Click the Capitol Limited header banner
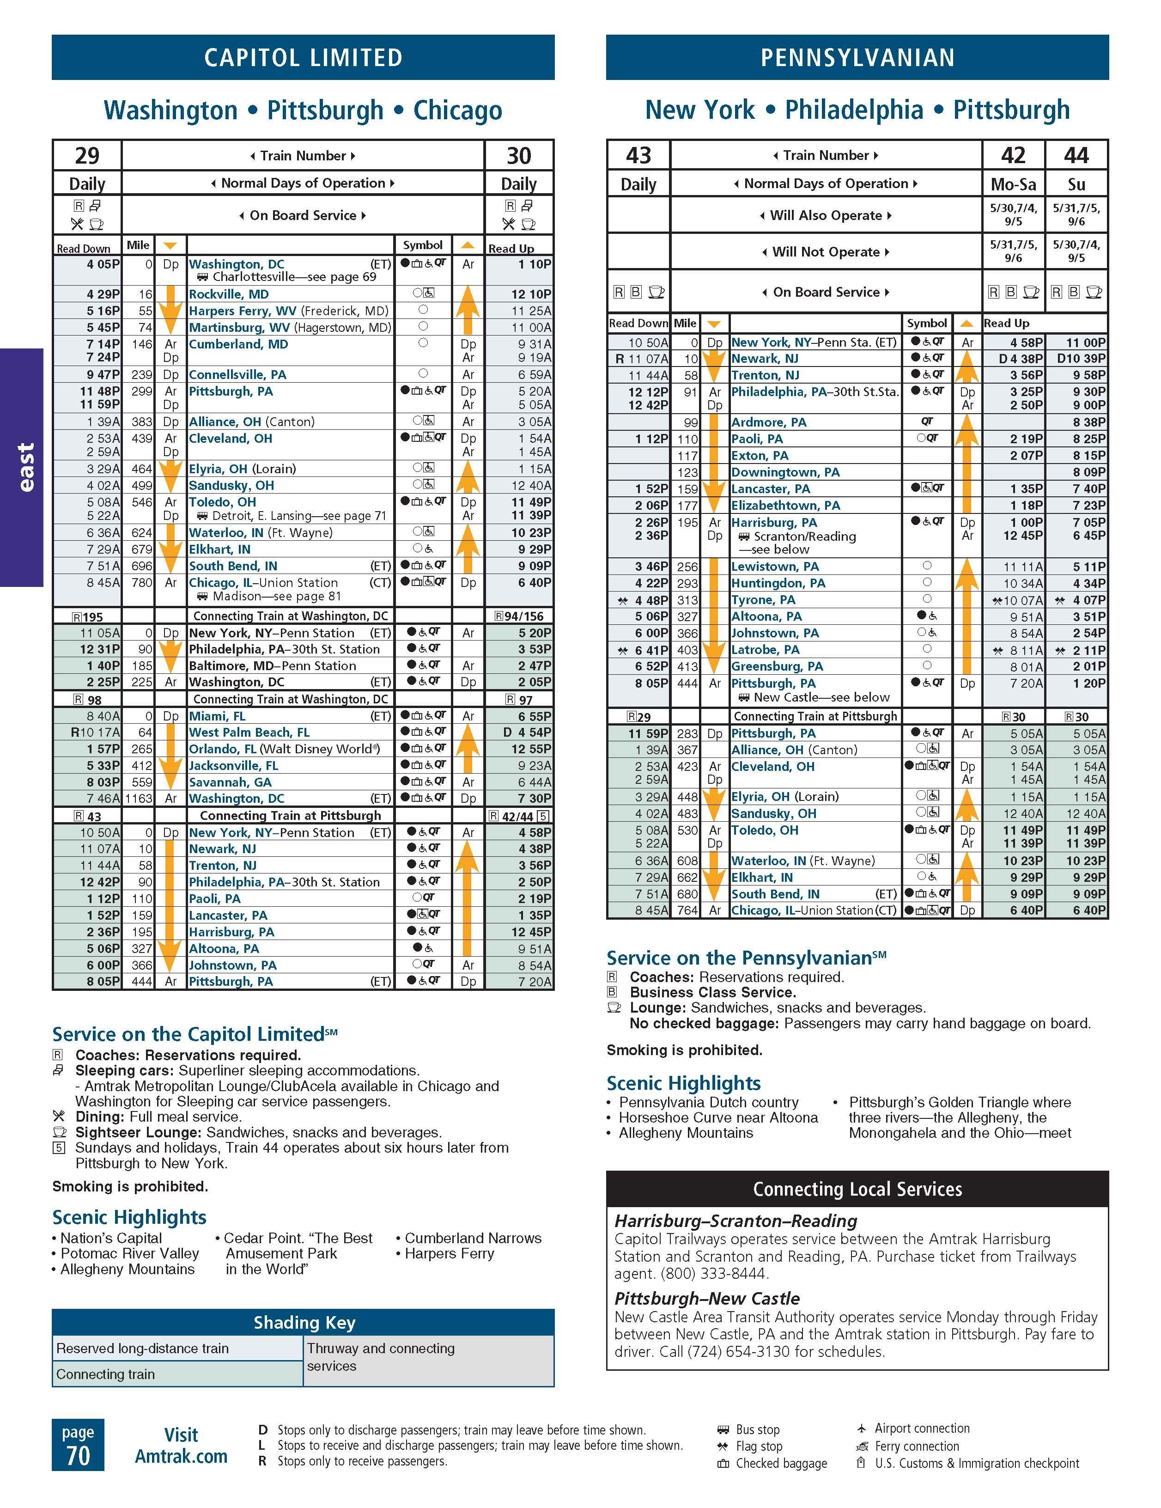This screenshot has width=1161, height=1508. pyautogui.click(x=303, y=57)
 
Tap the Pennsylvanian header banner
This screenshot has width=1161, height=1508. pyautogui.click(x=857, y=57)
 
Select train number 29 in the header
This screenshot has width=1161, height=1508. pyautogui.click(x=87, y=155)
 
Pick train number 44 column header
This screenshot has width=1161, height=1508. pyautogui.click(x=1076, y=155)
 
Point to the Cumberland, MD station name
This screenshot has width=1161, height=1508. pyautogui.click(x=238, y=344)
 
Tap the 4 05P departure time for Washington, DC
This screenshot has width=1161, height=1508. pyautogui.click(x=103, y=264)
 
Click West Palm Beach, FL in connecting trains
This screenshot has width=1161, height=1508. pyautogui.click(x=249, y=732)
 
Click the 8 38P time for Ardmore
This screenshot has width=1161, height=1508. pyautogui.click(x=1089, y=422)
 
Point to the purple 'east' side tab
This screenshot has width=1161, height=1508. pyautogui.click(x=22, y=467)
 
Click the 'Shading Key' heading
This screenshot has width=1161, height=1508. pyautogui.click(x=304, y=1322)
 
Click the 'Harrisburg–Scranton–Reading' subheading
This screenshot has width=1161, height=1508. pyautogui.click(x=736, y=1221)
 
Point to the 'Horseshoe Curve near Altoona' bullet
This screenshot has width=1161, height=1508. pyautogui.click(x=718, y=1117)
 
